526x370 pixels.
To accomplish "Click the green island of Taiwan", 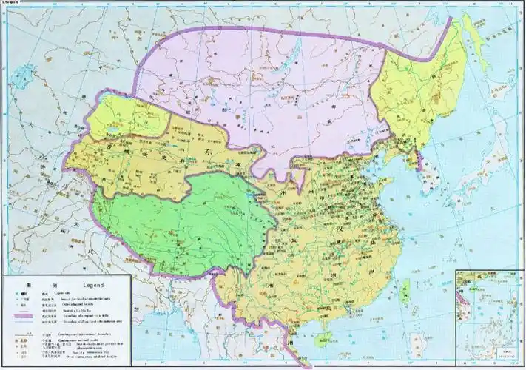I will click(x=404, y=295).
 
